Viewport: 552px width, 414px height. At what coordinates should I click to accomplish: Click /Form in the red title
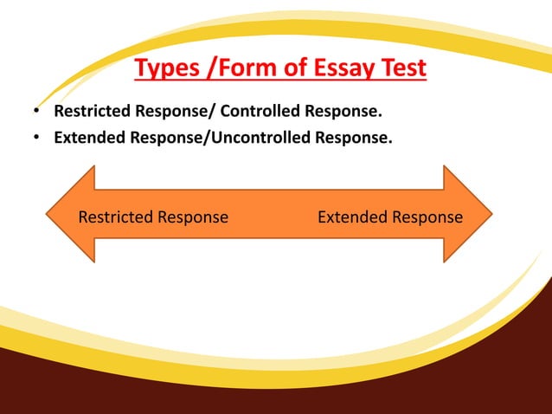pyautogui.click(x=228, y=68)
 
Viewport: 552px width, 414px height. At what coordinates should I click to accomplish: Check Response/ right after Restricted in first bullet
pyautogui.click(x=172, y=112)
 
